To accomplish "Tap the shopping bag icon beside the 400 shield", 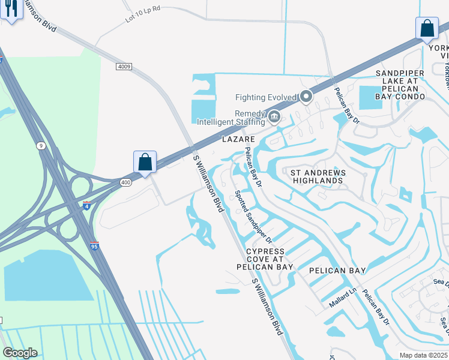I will point(145,162).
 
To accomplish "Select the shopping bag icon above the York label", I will point(427,28).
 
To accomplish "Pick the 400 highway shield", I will point(125,182).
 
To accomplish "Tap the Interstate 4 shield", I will point(87,206).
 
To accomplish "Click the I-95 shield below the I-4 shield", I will point(95,245).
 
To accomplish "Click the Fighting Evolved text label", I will point(266,97).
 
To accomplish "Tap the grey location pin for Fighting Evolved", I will point(306,96).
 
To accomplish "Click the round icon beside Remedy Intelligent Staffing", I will point(274,116).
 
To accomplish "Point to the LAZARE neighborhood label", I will point(240,139).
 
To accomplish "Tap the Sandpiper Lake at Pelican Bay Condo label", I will point(400,85).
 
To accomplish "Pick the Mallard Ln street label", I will point(343,298).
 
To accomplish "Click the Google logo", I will point(19,353).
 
